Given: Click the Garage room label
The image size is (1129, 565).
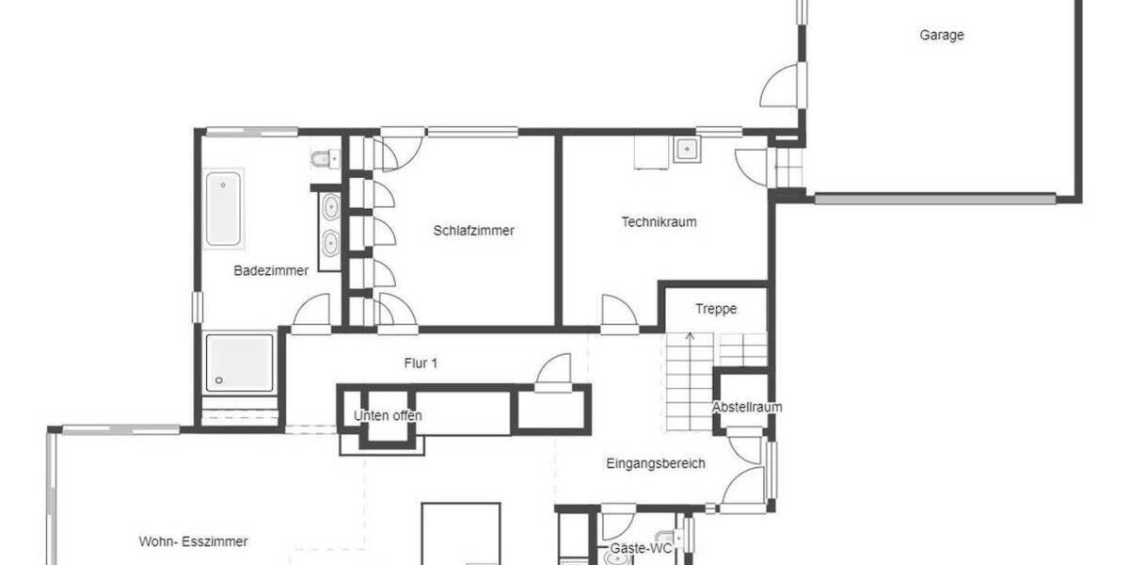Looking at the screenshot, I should (942, 36).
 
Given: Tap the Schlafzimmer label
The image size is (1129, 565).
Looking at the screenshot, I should (474, 231).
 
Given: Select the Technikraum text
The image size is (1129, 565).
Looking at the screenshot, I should (659, 223).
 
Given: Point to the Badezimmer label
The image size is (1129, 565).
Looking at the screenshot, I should (271, 271).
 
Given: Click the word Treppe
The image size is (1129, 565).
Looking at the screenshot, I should (716, 309).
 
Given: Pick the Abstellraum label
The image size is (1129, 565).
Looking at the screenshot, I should (747, 408).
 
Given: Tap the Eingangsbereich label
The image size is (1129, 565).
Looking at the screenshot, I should (656, 464).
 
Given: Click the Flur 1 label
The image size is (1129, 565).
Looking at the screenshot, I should (421, 363).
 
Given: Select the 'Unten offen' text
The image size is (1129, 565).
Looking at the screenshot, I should (388, 415).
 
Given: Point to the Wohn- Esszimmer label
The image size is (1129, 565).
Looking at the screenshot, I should (193, 541).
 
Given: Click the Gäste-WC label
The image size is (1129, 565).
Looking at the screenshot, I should (641, 547).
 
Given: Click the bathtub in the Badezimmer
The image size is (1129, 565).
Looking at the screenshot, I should (223, 208).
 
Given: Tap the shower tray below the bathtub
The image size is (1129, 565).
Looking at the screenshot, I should (240, 363).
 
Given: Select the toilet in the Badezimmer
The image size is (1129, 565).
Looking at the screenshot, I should (323, 158).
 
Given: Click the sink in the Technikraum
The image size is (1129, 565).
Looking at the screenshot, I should (687, 148).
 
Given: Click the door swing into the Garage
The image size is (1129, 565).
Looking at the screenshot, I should (780, 86).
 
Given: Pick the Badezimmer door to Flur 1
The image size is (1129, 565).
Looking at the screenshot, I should (313, 314).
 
